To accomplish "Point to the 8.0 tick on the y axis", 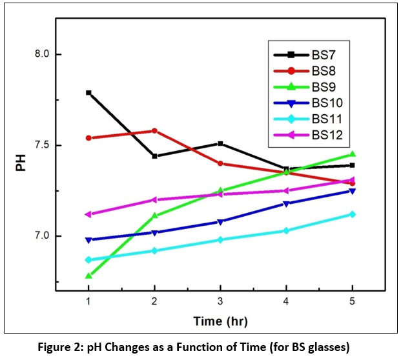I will (x=43, y=55).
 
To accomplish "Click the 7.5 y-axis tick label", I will (x=43, y=145).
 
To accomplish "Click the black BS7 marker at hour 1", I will (x=88, y=93).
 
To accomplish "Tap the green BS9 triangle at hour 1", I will (x=88, y=275).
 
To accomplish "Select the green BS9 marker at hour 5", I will (x=352, y=154).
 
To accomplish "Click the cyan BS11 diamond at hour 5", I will (x=352, y=214).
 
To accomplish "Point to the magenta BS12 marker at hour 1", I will (x=88, y=214).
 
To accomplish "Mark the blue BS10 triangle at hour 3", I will (x=220, y=222).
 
